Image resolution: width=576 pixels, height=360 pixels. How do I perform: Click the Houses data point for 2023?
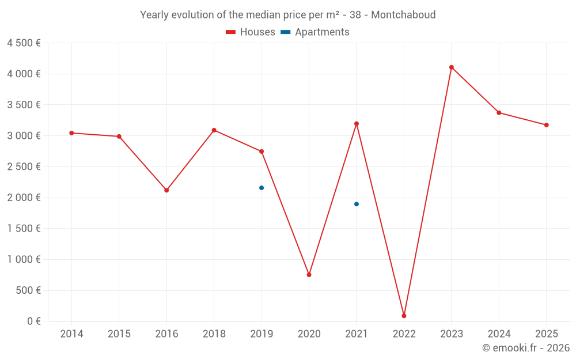[x=452, y=67]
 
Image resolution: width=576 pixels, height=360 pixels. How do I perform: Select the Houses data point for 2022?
[x=404, y=316]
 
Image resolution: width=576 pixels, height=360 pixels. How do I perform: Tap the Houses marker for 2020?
[x=309, y=275]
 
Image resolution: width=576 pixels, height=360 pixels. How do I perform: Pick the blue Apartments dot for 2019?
[x=262, y=188]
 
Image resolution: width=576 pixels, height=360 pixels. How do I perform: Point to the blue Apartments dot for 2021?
[x=357, y=204]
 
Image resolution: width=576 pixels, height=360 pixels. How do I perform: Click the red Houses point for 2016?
[x=166, y=190]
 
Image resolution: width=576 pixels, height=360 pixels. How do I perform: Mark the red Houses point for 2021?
[x=357, y=124]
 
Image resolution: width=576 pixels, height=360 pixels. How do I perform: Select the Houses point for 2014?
[x=71, y=133]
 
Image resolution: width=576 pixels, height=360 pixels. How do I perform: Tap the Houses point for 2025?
[x=547, y=125]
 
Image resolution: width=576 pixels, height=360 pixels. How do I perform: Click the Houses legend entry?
[x=251, y=32]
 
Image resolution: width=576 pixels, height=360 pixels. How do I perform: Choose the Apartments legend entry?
[x=315, y=32]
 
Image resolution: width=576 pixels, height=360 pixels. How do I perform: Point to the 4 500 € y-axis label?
[x=24, y=43]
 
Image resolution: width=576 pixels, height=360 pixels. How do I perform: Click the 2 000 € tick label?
[x=24, y=198]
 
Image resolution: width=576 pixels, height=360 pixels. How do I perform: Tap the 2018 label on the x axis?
[x=214, y=334]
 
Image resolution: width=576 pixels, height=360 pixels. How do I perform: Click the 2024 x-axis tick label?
[x=499, y=334]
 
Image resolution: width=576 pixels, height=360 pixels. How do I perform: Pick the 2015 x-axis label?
[x=119, y=334]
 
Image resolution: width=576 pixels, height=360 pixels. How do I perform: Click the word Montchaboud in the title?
[x=403, y=14]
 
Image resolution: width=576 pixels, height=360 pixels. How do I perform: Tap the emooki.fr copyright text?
[x=526, y=348]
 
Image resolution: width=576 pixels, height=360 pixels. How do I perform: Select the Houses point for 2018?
[x=214, y=130]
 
